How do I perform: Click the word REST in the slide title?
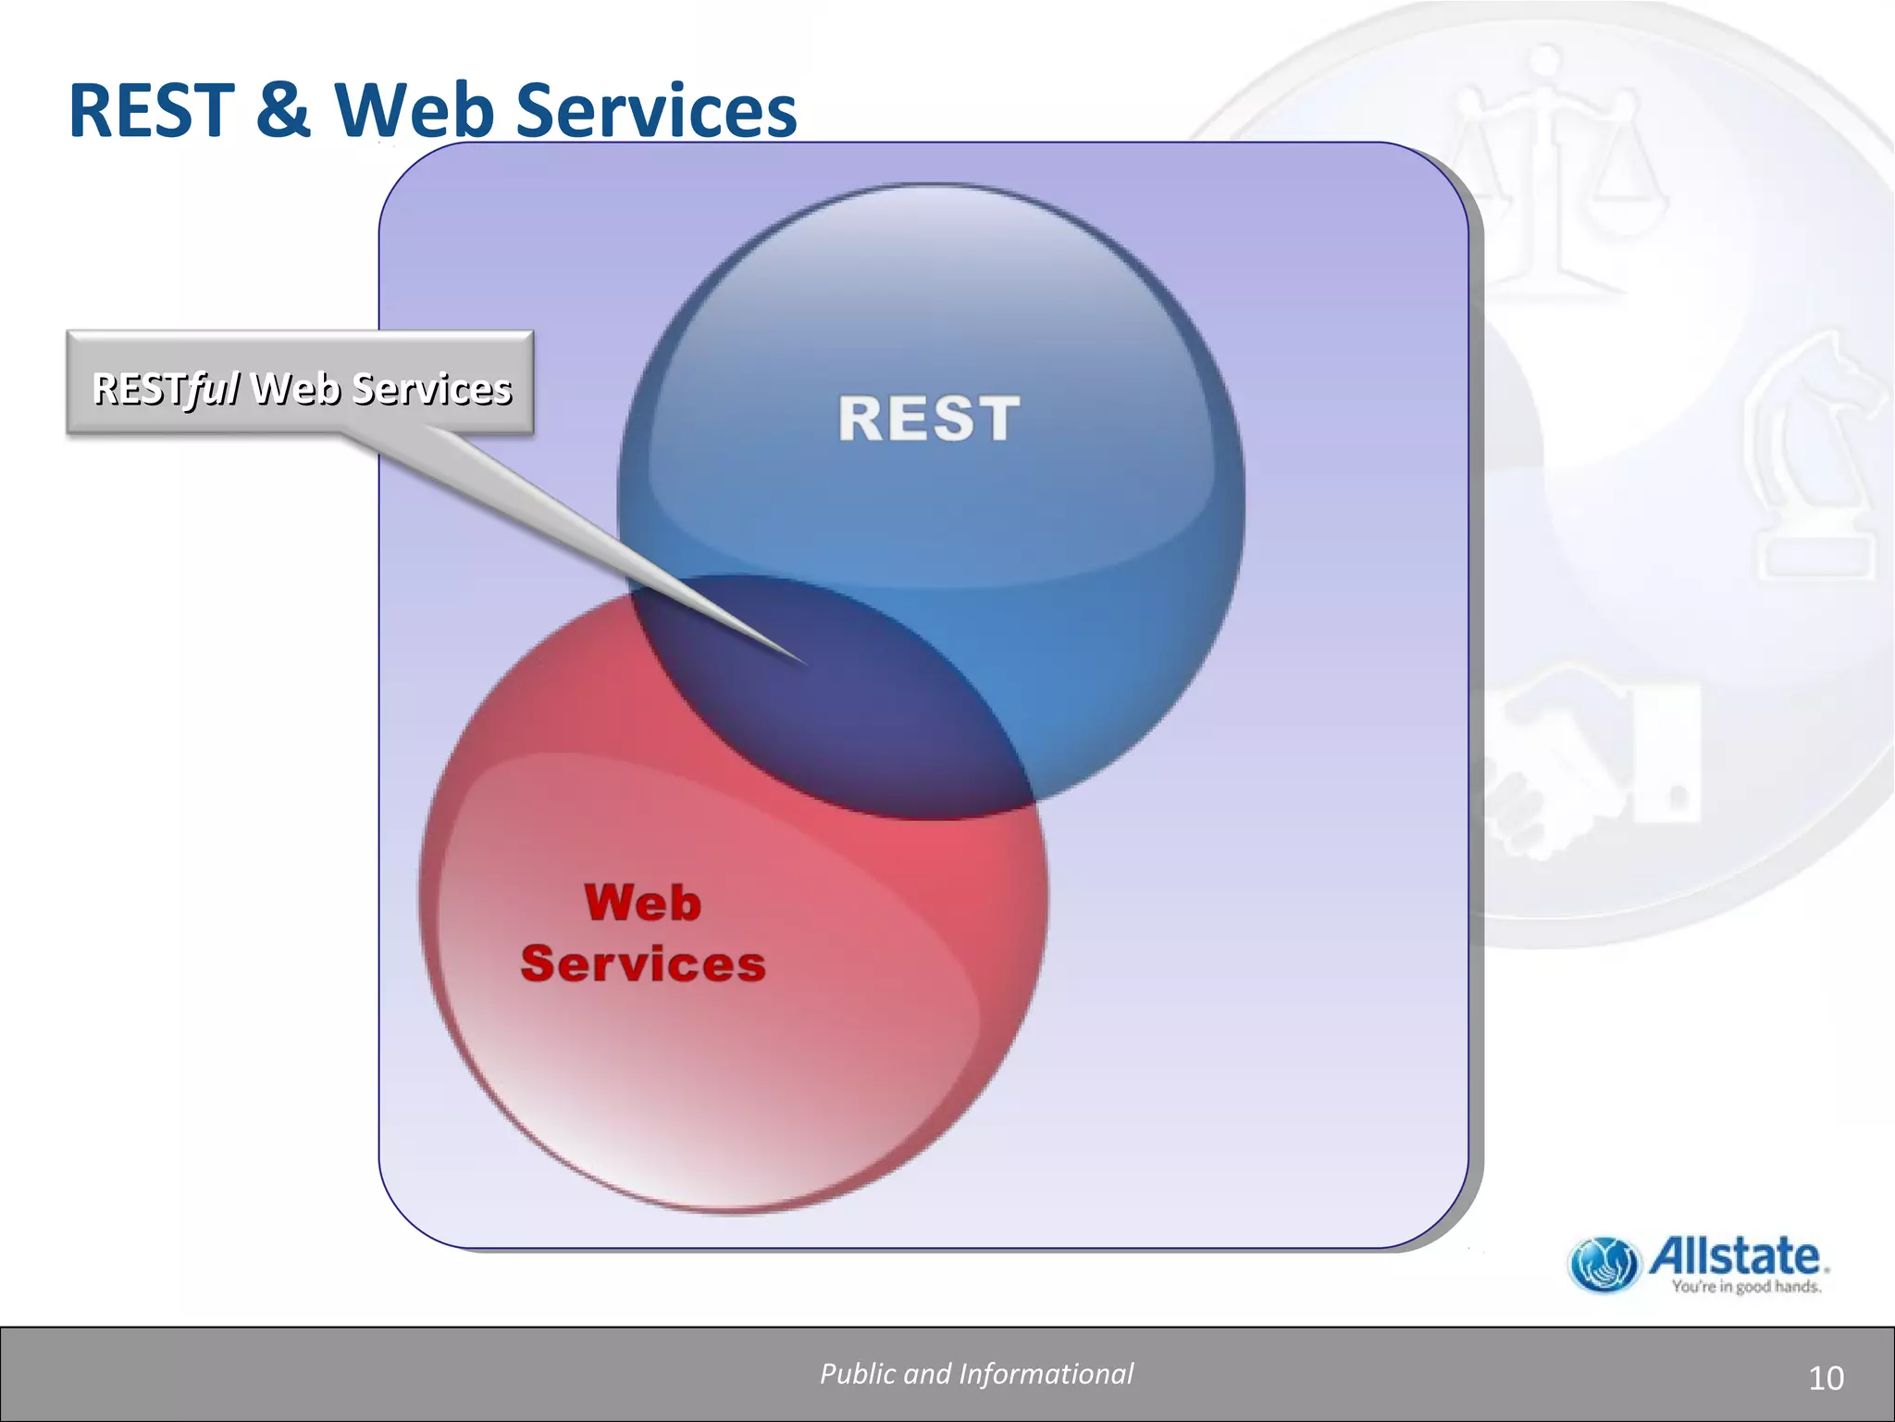pyautogui.click(x=151, y=111)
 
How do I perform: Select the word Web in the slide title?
pyautogui.click(x=414, y=111)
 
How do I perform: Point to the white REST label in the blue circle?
pyautogui.click(x=929, y=418)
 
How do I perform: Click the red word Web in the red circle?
pyautogui.click(x=643, y=903)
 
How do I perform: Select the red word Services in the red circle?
pyautogui.click(x=643, y=964)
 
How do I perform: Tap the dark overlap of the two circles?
pyautogui.click(x=833, y=704)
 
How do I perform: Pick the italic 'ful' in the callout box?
pyautogui.click(x=212, y=389)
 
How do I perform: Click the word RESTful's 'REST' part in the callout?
pyautogui.click(x=139, y=389)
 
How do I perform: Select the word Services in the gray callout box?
pyautogui.click(x=432, y=389)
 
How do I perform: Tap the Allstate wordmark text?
pyautogui.click(x=1738, y=1256)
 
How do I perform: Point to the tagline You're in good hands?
pyautogui.click(x=1746, y=1287)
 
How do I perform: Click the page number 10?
pyautogui.click(x=1826, y=1378)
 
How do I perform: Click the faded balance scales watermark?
pyautogui.click(x=1554, y=185)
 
